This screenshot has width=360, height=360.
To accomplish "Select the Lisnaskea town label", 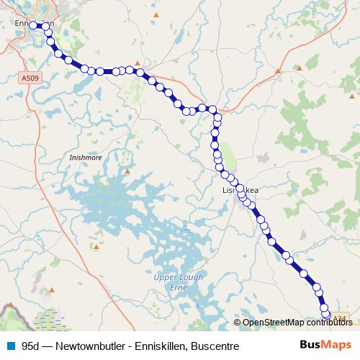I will point(238,189).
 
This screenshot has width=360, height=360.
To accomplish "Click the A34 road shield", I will point(341,318).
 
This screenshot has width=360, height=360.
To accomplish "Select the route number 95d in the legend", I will point(31,346).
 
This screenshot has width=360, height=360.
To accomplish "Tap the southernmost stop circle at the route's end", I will point(325,315).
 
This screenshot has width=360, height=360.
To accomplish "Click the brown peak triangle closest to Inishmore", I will point(127,171).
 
